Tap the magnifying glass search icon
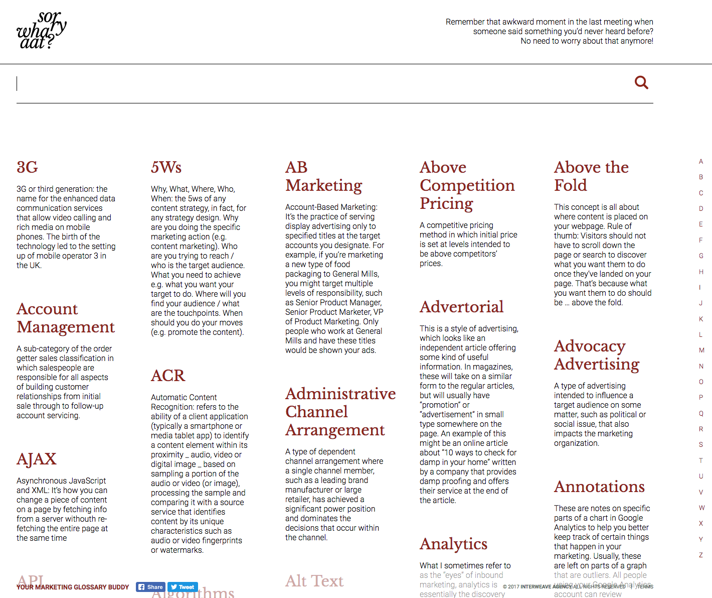click(641, 82)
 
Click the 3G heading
click(27, 167)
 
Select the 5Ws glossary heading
click(166, 167)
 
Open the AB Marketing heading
click(323, 176)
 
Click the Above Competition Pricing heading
click(467, 185)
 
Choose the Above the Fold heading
click(591, 176)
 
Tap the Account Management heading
click(66, 318)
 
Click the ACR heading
click(168, 376)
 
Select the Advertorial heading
click(461, 307)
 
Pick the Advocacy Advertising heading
click(596, 355)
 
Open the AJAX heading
click(37, 459)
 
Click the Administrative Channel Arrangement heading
click(340, 412)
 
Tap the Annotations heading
click(599, 487)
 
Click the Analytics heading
click(453, 544)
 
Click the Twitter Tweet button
click(183, 587)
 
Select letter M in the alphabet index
click(701, 350)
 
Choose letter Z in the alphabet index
click(701, 555)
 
